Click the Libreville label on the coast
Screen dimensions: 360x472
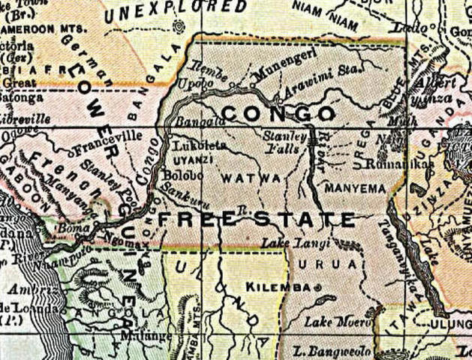(x=25, y=118)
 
